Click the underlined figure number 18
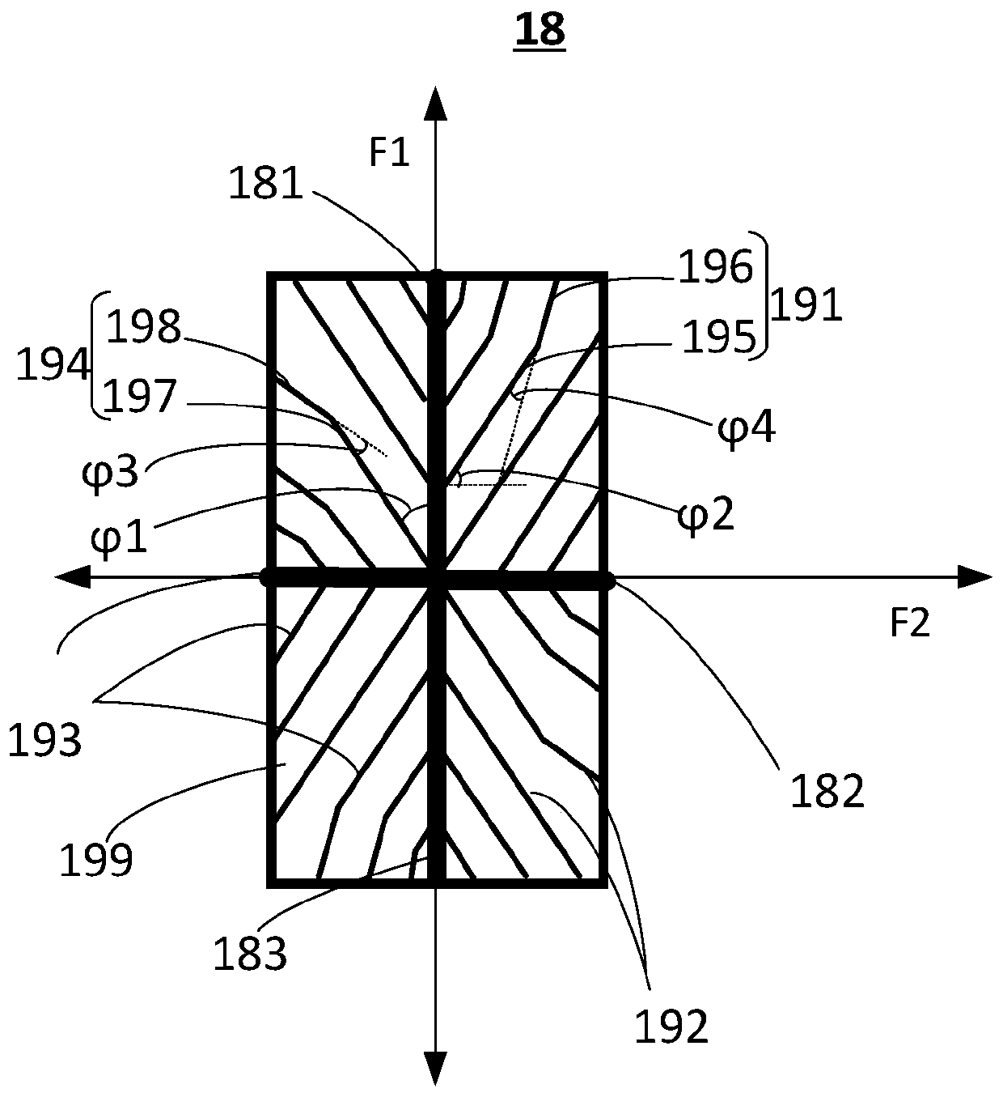coord(540,32)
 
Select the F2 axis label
coord(910,623)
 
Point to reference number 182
coord(827,791)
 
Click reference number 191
coord(806,307)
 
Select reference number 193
coord(44,740)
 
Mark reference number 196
coord(716,267)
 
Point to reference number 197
coord(140,397)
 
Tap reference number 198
coord(143,328)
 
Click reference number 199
coord(96,861)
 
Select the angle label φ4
coord(747,428)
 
